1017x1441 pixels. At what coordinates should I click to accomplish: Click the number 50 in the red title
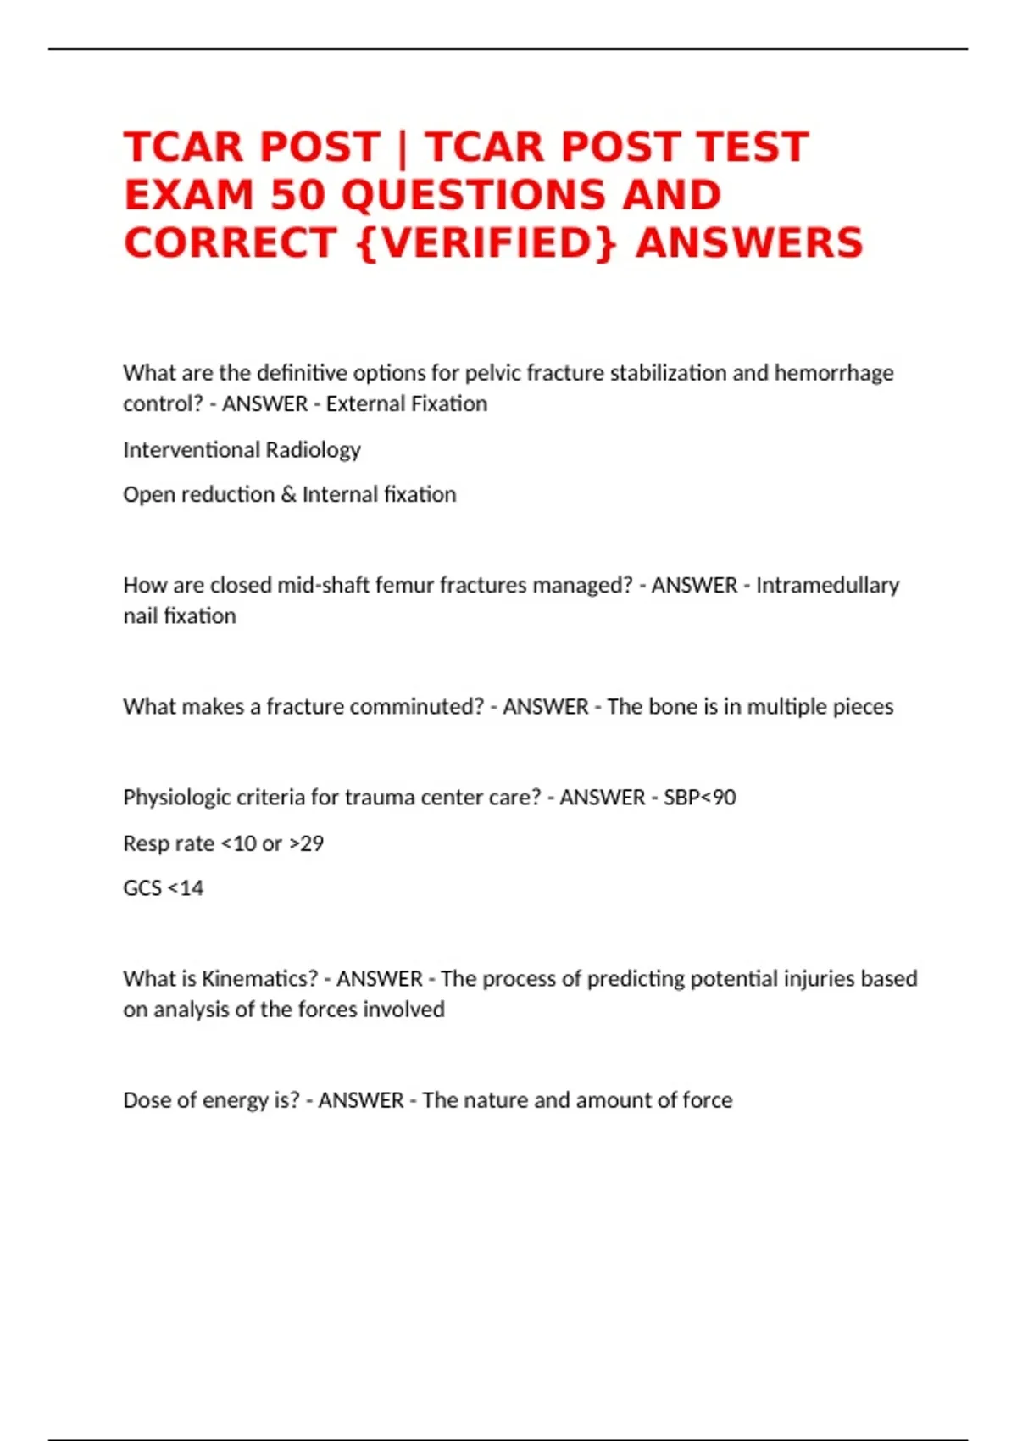297,195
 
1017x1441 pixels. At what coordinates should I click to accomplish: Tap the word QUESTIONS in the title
474,195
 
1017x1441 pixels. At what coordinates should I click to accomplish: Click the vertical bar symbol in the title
403,147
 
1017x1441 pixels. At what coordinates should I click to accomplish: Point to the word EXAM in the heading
189,195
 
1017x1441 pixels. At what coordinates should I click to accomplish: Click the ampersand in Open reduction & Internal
288,494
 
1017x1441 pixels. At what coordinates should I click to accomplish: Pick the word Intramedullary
827,585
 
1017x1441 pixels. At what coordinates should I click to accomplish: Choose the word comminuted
416,706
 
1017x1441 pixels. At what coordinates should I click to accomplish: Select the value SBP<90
699,797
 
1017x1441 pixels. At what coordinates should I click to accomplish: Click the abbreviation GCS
142,888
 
